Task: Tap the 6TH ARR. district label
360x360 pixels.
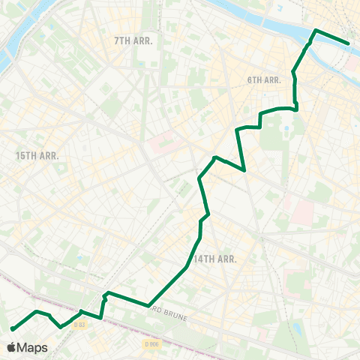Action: [263, 79]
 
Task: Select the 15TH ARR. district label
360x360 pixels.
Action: [37, 155]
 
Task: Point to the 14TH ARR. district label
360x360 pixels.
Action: [215, 259]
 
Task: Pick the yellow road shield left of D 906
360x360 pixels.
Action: [81, 324]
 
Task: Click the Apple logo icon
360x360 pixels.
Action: [12, 347]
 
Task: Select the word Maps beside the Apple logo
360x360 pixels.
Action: [33, 347]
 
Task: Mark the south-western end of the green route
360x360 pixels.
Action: [13, 328]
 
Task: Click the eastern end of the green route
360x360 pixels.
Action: [348, 43]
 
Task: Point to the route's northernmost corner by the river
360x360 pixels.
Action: [316, 30]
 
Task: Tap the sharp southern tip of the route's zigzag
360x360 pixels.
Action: [246, 170]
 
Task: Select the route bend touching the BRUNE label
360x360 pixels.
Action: [147, 305]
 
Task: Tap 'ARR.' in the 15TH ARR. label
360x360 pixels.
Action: [48, 155]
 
